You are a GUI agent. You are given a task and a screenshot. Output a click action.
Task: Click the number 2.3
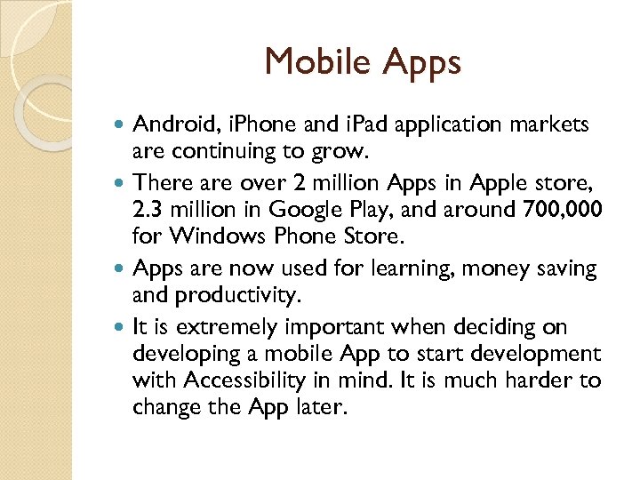click(x=148, y=209)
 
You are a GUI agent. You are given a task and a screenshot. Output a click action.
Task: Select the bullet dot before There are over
click(x=122, y=183)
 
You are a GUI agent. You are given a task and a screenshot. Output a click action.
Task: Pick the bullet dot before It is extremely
click(x=122, y=327)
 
